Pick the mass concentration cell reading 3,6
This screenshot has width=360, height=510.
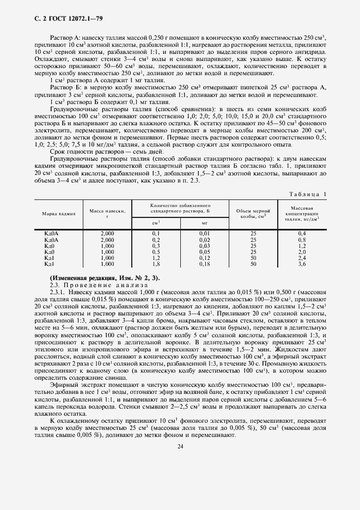tap(302, 264)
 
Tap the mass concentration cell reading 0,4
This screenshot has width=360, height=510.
tap(302, 234)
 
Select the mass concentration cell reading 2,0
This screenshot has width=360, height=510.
tap(302, 252)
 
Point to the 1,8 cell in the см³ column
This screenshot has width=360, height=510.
tap(156, 264)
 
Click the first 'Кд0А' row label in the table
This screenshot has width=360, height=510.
tap(51, 234)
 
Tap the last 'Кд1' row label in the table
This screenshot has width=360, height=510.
tap(50, 264)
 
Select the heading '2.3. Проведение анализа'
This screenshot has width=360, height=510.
tap(91, 285)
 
